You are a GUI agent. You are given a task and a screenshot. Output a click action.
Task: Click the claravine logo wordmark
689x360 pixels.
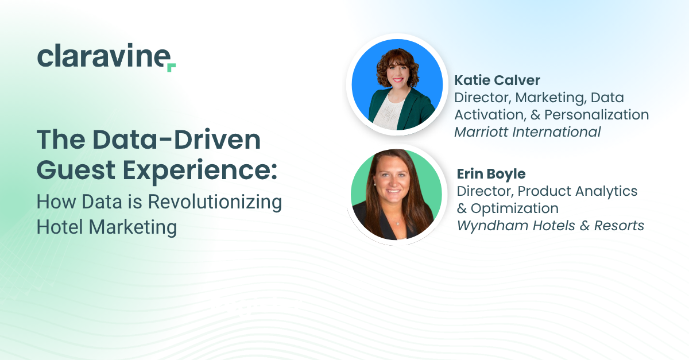[106, 57]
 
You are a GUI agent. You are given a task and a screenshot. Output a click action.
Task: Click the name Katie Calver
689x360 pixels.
[497, 80]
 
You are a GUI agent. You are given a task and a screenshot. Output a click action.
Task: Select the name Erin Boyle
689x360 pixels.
[491, 174]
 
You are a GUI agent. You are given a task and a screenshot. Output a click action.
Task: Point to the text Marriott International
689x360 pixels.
[527, 132]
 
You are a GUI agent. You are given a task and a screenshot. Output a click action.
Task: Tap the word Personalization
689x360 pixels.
[597, 115]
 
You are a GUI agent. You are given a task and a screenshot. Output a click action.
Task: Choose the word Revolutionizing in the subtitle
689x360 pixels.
[215, 202]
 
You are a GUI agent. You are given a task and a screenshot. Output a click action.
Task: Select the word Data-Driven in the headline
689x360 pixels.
[176, 140]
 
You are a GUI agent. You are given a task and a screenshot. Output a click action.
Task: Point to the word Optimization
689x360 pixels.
[514, 208]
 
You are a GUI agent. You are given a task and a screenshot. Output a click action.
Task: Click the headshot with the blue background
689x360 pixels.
[397, 84]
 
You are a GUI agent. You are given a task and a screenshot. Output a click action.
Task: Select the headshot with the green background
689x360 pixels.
[397, 195]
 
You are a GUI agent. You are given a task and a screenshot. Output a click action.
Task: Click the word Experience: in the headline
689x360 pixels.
[200, 172]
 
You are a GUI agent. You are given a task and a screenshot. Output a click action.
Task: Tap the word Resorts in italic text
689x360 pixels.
[619, 226]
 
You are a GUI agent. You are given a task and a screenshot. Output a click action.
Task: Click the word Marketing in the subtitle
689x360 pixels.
[133, 227]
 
